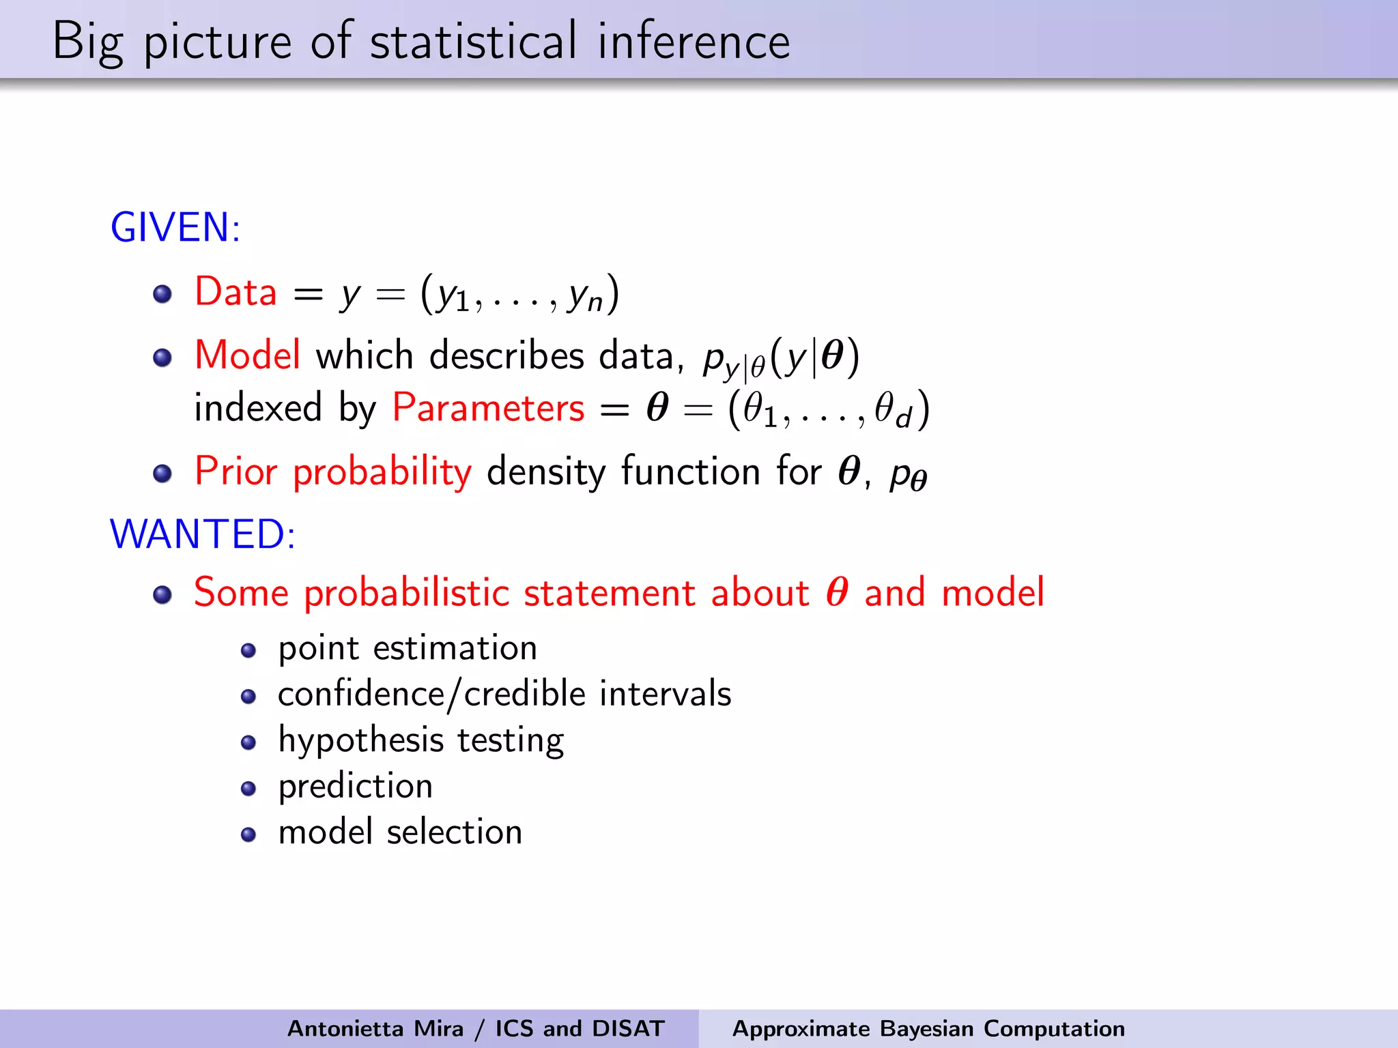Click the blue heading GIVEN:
pyautogui.click(x=175, y=227)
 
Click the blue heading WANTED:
pyautogui.click(x=203, y=534)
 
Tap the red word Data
pyautogui.click(x=236, y=292)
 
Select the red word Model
pyautogui.click(x=247, y=355)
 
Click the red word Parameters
pyautogui.click(x=488, y=408)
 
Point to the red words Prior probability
pyautogui.click(x=333, y=471)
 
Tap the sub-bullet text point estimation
pyautogui.click(x=408, y=647)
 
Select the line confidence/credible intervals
pyautogui.click(x=504, y=694)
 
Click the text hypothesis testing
pyautogui.click(x=421, y=740)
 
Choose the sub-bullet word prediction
pyautogui.click(x=356, y=786)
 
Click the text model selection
pyautogui.click(x=400, y=832)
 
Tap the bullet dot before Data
pyautogui.click(x=162, y=294)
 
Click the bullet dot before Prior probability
pyautogui.click(x=162, y=474)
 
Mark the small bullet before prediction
pyautogui.click(x=248, y=789)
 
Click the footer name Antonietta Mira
pyautogui.click(x=375, y=1028)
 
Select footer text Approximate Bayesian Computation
pyautogui.click(x=928, y=1028)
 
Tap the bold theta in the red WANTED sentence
pyautogui.click(x=837, y=592)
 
